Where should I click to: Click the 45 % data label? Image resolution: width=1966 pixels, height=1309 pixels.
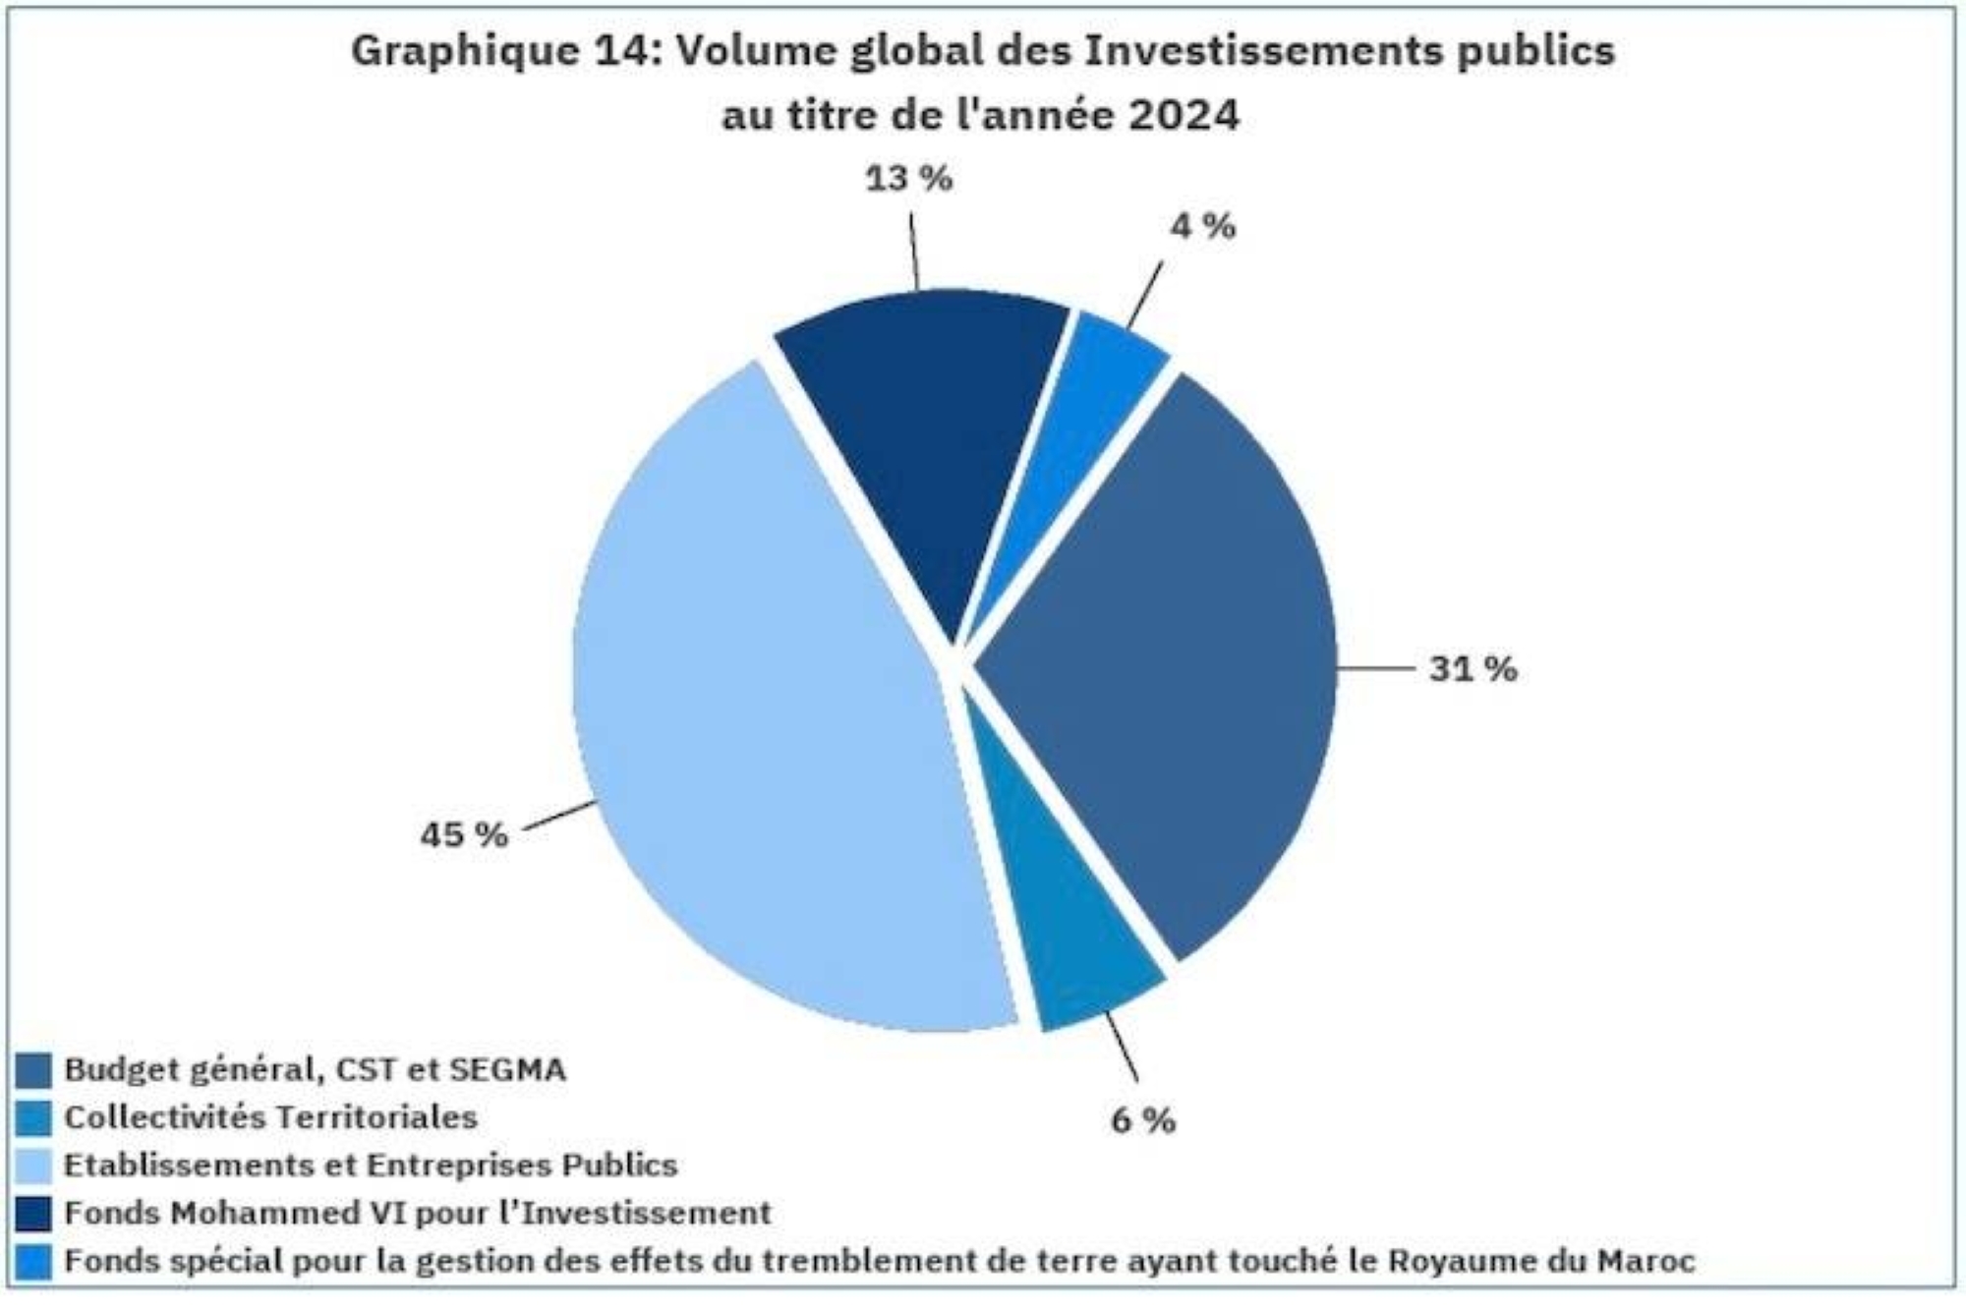(x=464, y=835)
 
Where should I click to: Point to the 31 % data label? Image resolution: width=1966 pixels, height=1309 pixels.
(x=1473, y=669)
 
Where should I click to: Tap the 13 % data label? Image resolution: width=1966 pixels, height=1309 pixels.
(x=908, y=179)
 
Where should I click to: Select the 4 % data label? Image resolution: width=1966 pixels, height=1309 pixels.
(x=1202, y=227)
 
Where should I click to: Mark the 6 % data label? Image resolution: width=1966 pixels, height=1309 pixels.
(x=1143, y=1120)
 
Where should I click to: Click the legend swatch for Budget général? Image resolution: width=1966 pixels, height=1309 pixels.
(x=33, y=1071)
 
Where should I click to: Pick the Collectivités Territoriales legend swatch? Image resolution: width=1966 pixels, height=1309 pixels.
(x=33, y=1118)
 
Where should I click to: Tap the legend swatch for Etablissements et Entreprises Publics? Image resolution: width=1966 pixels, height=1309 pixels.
(x=33, y=1167)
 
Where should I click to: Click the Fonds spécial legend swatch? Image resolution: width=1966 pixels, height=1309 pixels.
(x=33, y=1262)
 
